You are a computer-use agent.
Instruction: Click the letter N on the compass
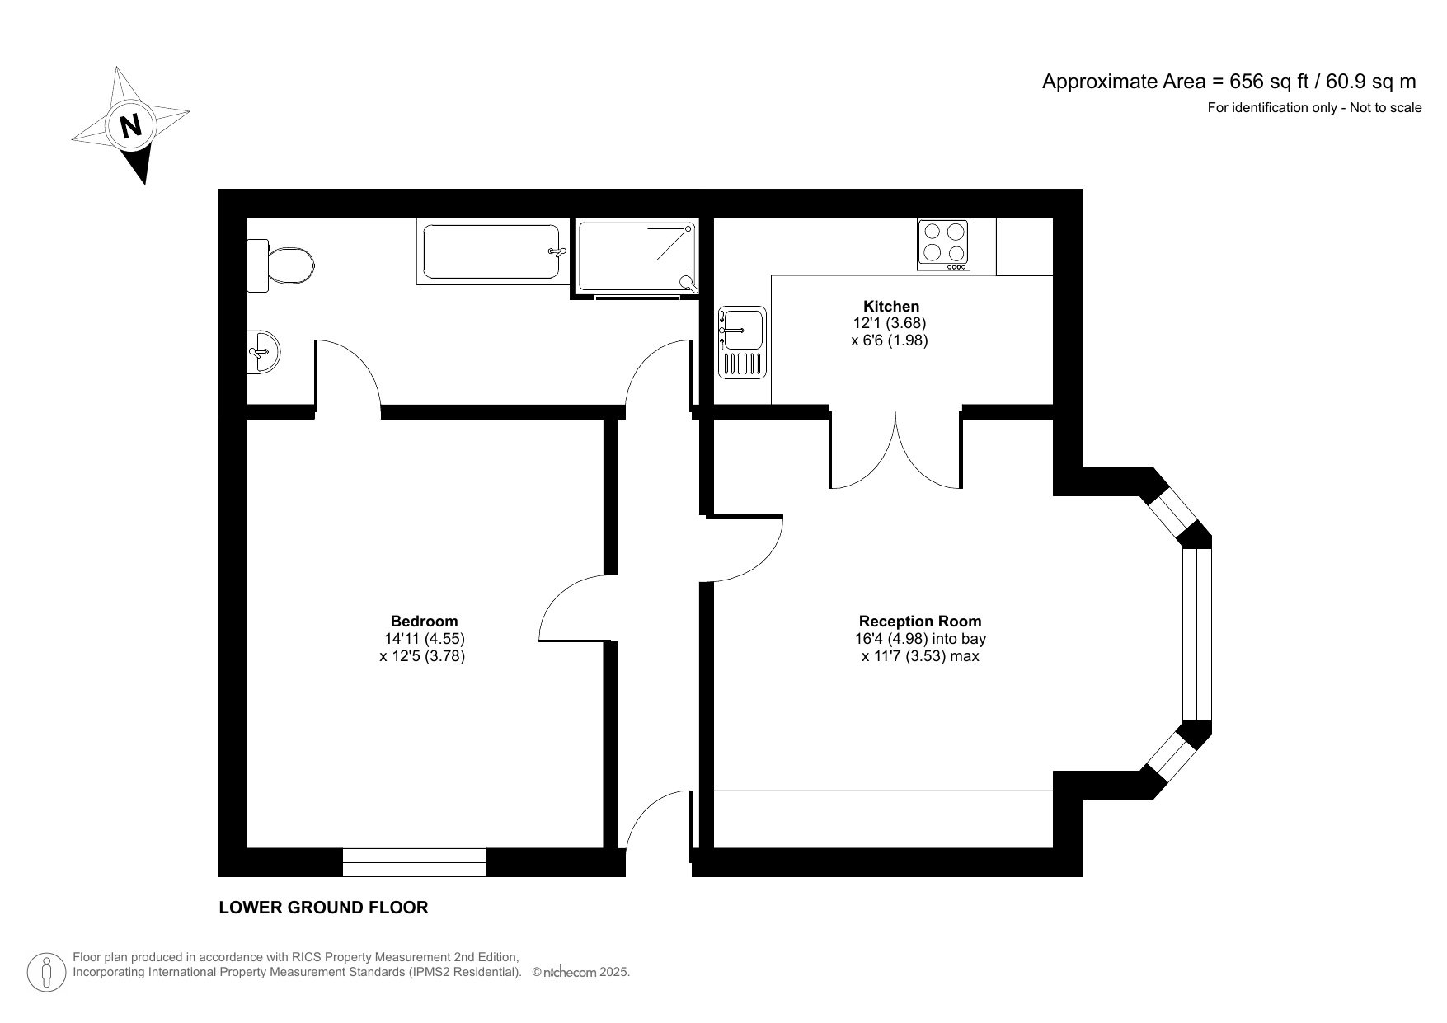pos(130,125)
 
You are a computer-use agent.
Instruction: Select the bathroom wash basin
pos(265,353)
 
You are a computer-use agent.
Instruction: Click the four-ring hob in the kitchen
pos(944,244)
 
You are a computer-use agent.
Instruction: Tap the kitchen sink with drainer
pos(742,342)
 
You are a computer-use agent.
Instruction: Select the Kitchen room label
pos(890,306)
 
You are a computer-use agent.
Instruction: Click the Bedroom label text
pos(424,621)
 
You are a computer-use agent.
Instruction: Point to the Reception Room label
pos(920,621)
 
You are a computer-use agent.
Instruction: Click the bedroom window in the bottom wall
pos(414,862)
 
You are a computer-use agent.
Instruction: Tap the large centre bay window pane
pos(1197,635)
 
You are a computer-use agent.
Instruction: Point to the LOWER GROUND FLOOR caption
pos(323,908)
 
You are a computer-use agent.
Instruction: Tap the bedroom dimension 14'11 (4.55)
pos(424,639)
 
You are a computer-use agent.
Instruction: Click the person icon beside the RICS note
pos(47,972)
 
